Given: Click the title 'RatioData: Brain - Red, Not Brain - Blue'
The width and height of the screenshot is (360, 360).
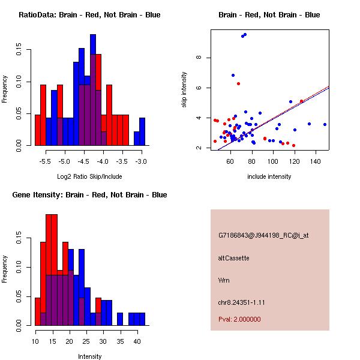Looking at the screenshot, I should coord(89,15).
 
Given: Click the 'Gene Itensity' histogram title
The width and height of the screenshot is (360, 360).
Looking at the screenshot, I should coord(89,195).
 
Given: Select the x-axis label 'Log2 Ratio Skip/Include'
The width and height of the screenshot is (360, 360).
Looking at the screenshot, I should coord(89,177).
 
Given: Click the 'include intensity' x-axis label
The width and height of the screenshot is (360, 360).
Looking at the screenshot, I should coord(269,176).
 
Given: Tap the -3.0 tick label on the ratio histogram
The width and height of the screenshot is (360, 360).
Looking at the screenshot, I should coord(142,161).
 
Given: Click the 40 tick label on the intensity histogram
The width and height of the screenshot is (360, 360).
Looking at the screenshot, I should coord(136,341).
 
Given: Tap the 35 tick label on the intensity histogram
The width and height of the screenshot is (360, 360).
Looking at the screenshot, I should coord(119,341).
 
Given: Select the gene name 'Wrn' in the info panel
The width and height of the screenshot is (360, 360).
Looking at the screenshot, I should coord(223,280).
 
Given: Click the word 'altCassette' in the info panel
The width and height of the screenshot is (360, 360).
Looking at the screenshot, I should coord(233,258).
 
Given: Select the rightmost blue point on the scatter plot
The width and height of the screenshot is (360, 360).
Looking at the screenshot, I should coord(325,124).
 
